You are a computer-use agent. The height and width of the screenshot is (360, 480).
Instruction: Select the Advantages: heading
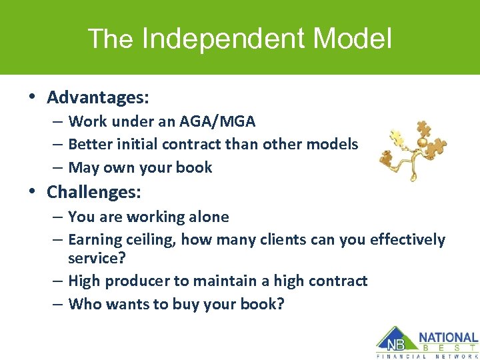[x=98, y=97]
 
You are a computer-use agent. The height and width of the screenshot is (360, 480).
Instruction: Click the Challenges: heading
[x=94, y=193]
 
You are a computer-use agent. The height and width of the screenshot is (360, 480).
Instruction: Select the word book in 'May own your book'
[x=194, y=167]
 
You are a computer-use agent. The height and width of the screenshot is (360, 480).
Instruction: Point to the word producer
[x=135, y=281]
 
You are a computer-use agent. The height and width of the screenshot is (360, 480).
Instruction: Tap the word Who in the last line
[x=83, y=304]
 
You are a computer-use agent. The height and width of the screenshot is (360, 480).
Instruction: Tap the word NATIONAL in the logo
[x=448, y=337]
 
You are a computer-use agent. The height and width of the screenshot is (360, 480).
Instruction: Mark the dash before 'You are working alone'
[x=57, y=217]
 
